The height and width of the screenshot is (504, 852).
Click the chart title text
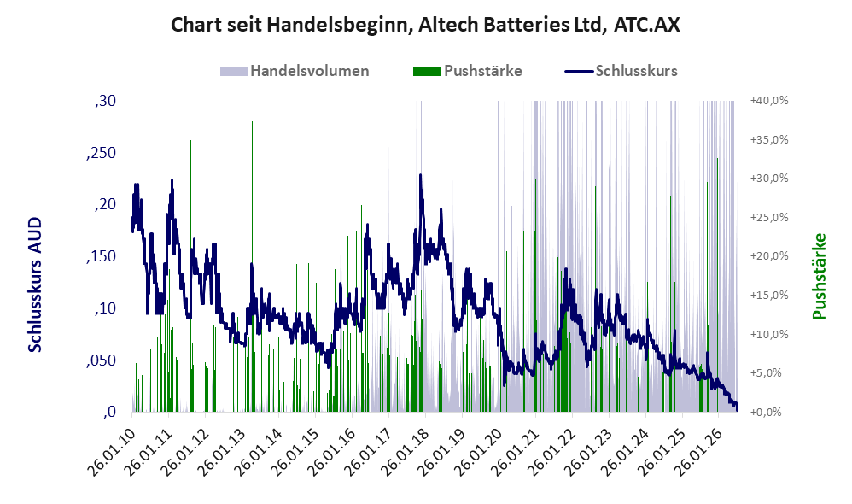point(425,25)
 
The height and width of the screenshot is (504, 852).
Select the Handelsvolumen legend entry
point(295,71)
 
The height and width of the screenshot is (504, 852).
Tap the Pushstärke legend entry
point(467,71)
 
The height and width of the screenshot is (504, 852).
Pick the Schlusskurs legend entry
point(621,71)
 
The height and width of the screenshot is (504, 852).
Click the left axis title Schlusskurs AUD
point(35,284)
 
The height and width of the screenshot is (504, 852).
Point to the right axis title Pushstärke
point(819,276)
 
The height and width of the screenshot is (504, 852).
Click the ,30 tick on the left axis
point(105,101)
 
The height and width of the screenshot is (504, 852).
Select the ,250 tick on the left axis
point(101,153)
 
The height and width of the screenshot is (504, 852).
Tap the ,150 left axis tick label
point(101,256)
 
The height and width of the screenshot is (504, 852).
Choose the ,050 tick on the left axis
point(101,360)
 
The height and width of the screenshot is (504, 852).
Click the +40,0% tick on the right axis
point(769,101)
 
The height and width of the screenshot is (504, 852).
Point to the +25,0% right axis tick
point(769,218)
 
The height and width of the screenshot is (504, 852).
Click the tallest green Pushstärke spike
point(252,267)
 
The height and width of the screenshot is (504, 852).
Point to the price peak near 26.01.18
point(420,175)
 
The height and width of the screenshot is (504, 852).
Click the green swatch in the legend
point(427,71)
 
